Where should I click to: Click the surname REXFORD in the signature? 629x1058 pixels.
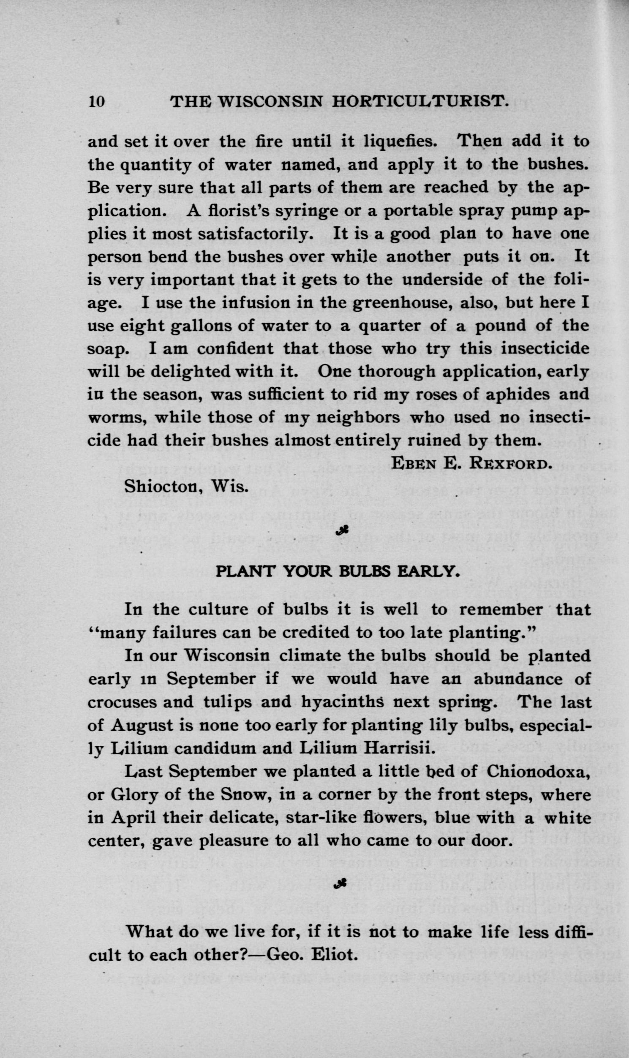(x=504, y=464)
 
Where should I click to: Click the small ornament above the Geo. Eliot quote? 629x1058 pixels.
(x=341, y=883)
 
